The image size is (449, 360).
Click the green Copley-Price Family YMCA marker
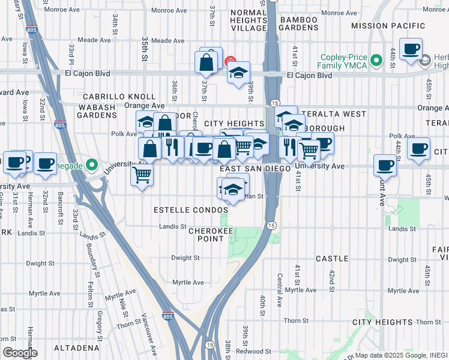[x=376, y=60]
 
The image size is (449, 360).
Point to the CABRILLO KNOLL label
[x=119, y=97]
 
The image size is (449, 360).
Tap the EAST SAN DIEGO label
[x=255, y=169]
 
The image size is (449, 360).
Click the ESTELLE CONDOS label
[x=187, y=211]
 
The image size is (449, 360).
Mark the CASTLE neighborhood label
[x=332, y=259]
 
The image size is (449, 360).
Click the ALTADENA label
[x=76, y=348]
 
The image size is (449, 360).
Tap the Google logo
[x=19, y=353]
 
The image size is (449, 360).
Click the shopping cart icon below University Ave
[x=142, y=175]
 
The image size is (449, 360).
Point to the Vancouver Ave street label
[x=149, y=325]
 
